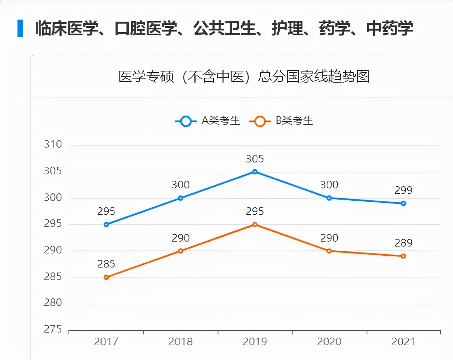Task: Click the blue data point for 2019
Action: click(255, 172)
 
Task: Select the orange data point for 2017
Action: click(106, 277)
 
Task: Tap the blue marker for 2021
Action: click(403, 203)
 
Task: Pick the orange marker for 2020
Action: click(329, 251)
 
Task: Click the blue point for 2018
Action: click(181, 198)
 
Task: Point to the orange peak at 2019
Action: click(255, 224)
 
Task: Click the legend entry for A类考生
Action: click(208, 121)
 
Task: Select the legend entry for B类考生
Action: click(281, 121)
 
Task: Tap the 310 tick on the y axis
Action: click(53, 144)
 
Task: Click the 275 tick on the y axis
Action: click(53, 329)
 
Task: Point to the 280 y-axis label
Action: click(53, 303)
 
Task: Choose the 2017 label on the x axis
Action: click(106, 342)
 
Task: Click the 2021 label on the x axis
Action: click(403, 342)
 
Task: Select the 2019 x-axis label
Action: click(255, 342)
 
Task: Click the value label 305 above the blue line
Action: click(255, 159)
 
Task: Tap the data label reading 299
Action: click(403, 191)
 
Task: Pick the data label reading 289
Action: click(403, 243)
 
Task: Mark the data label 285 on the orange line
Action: click(106, 264)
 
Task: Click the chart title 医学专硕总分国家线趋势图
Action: click(244, 77)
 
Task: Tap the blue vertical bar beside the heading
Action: click(20, 28)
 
